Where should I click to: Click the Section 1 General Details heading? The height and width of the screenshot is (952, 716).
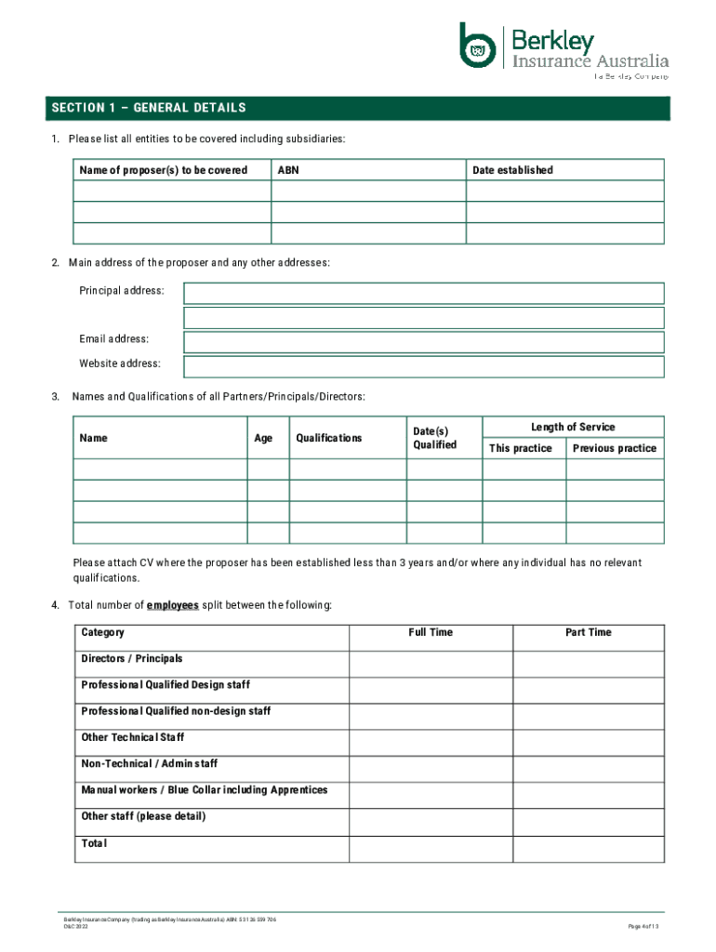click(149, 108)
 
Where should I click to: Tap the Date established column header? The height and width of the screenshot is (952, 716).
click(512, 170)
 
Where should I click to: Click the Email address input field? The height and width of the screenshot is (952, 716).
click(424, 342)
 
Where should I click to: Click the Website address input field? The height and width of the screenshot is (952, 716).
click(424, 366)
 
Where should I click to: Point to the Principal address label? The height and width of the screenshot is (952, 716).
click(122, 291)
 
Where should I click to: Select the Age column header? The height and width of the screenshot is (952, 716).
click(264, 438)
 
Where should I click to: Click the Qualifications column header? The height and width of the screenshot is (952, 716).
click(329, 438)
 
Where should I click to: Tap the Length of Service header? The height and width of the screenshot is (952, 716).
click(573, 427)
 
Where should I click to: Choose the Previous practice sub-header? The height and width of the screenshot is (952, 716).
click(615, 448)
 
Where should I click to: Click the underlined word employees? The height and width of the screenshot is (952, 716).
click(172, 605)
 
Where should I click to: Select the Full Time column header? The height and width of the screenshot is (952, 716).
click(431, 632)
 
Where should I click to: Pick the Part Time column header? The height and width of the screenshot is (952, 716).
click(589, 632)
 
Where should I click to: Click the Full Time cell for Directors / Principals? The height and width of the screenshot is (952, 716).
click(431, 664)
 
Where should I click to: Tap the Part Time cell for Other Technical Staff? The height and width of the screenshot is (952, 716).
click(589, 743)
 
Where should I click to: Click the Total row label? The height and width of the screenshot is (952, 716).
click(95, 843)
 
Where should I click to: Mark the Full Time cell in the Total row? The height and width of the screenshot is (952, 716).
click(431, 849)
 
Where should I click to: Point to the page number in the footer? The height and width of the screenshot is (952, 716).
click(643, 927)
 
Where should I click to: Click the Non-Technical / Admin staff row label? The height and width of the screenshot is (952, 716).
click(150, 763)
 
